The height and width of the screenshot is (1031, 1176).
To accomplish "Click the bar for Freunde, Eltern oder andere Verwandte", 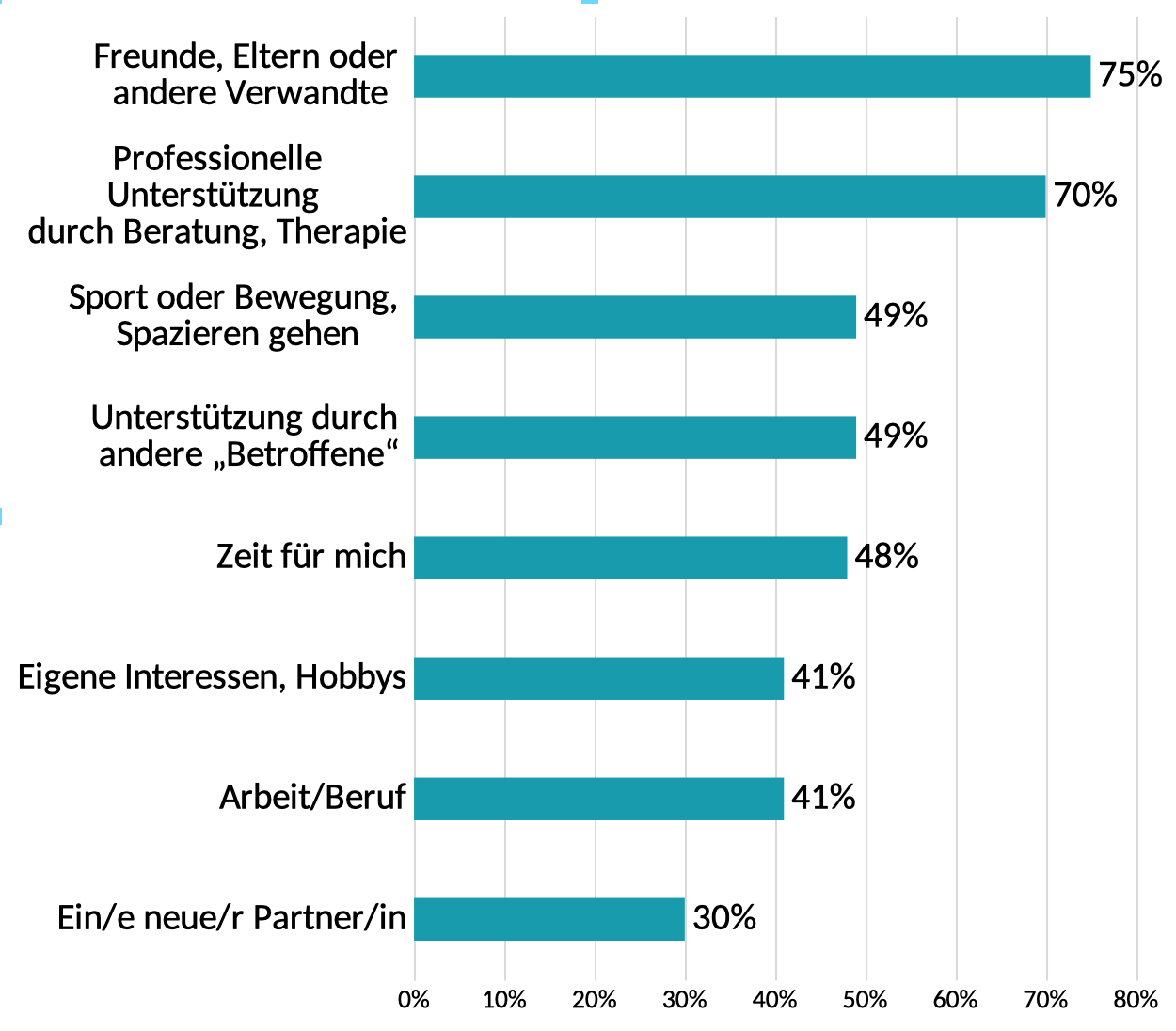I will (x=752, y=76).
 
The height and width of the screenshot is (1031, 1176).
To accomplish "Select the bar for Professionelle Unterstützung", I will (x=729, y=197).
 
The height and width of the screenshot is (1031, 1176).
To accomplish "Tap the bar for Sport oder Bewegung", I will (x=635, y=317).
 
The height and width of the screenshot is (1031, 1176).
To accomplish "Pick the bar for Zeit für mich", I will (x=630, y=558).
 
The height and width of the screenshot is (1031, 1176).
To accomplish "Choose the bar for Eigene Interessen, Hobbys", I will (x=598, y=678).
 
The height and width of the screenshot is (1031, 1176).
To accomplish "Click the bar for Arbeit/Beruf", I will (x=598, y=799).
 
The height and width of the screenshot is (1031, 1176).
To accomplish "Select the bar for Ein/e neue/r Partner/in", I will (x=549, y=919).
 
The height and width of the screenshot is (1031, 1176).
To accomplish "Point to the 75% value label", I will (x=1130, y=74).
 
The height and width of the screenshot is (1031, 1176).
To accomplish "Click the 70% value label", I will (x=1085, y=195).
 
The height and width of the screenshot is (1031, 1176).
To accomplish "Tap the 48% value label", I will (x=886, y=556).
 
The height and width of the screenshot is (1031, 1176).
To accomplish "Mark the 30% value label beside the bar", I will (x=724, y=917).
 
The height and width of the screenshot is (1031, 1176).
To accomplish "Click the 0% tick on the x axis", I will (x=414, y=1000).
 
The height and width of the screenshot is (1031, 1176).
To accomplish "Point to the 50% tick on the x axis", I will (x=866, y=1000).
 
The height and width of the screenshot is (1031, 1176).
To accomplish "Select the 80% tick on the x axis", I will (x=1136, y=1000).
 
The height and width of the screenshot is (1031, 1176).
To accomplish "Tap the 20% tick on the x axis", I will (x=595, y=1000).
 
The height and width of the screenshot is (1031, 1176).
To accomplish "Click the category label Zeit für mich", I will (x=310, y=556).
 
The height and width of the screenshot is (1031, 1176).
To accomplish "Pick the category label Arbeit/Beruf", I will (x=312, y=797).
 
